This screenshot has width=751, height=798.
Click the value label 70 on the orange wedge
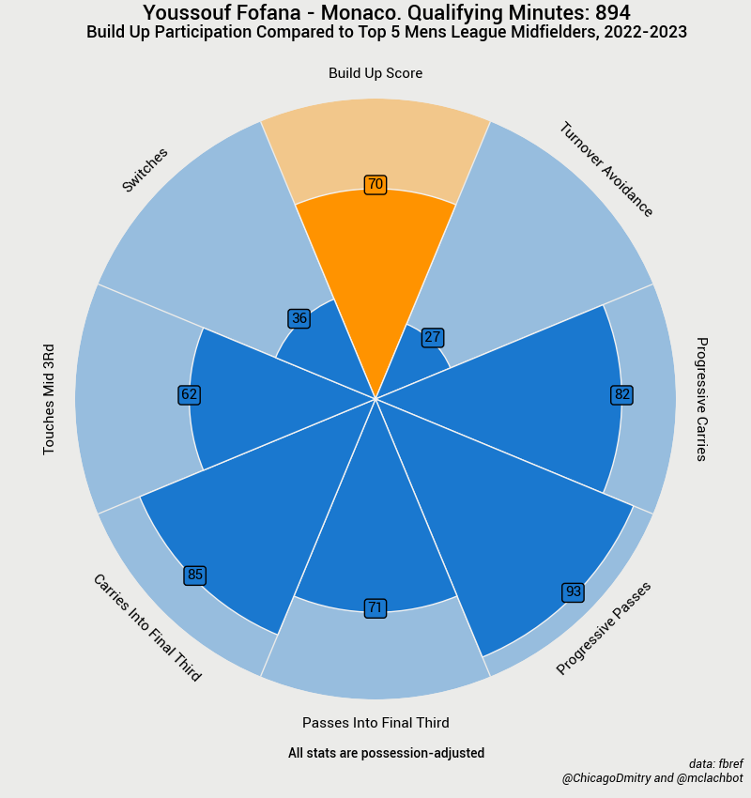[x=375, y=184]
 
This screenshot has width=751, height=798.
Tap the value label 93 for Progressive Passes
[x=573, y=591]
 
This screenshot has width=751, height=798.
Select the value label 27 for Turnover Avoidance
[x=433, y=337]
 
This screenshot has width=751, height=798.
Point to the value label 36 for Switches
[x=299, y=318]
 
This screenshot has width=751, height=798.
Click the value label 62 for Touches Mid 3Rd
[x=190, y=394]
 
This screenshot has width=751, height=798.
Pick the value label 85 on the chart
[x=195, y=575]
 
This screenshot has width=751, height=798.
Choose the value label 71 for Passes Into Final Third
[x=375, y=608]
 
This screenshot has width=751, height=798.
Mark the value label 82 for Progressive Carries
[x=621, y=394]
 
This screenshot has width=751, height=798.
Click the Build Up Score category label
[x=375, y=73]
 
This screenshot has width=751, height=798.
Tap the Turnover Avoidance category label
[x=605, y=170]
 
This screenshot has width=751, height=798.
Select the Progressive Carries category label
[x=701, y=399]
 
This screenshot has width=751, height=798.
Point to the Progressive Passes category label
[x=604, y=627]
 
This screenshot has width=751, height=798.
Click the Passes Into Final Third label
[x=375, y=723]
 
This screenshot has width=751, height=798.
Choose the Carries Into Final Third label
[x=146, y=627]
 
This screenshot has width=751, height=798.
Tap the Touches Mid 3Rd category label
[x=50, y=399]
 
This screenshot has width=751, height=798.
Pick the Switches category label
[x=146, y=170]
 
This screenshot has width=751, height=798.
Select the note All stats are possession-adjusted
[x=386, y=753]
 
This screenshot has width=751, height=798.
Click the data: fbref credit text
[x=715, y=764]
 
